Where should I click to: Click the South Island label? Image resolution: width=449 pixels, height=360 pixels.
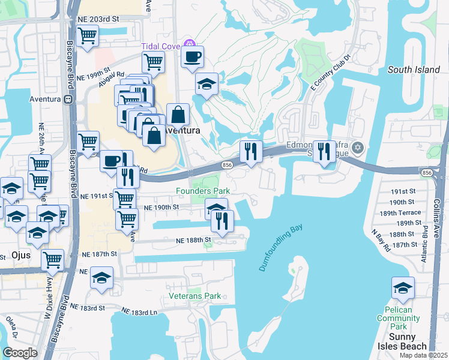(414, 70)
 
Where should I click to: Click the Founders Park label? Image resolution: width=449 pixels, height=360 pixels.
(203, 191)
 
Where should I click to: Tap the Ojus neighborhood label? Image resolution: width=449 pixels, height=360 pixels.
(20, 255)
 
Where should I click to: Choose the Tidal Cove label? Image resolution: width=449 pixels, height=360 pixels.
(161, 47)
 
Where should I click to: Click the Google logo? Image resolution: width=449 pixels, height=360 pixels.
(20, 353)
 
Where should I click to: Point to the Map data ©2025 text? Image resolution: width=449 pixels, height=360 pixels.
(423, 355)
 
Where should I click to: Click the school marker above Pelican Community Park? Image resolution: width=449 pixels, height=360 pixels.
(403, 288)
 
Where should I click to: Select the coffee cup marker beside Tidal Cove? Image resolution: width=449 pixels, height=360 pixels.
(192, 58)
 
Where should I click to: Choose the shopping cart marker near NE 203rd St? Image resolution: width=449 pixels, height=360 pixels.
(88, 35)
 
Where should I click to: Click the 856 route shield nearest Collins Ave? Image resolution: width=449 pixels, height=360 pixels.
(427, 173)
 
